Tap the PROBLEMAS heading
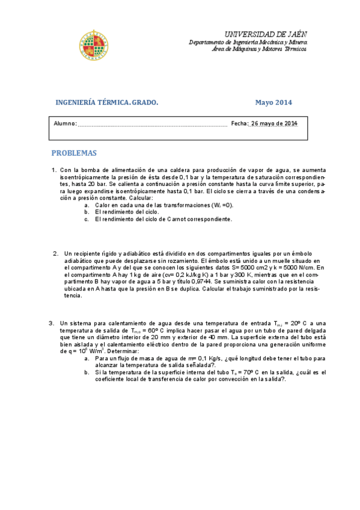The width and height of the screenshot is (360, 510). pos(73,153)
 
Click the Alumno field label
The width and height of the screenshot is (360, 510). pos(65,124)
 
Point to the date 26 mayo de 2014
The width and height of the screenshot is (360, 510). pos(274,124)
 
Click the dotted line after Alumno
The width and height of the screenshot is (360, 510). pos(153,125)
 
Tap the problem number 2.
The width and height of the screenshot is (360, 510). pos(55,253)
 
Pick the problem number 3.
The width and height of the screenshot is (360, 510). pos(52,323)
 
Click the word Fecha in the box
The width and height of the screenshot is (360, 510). pos(239,124)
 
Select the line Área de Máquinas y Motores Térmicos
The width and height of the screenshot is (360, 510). pos(259,49)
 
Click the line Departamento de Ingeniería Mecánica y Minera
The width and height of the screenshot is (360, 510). pos(248,43)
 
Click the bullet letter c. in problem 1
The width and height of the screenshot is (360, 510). pos(87,219)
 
